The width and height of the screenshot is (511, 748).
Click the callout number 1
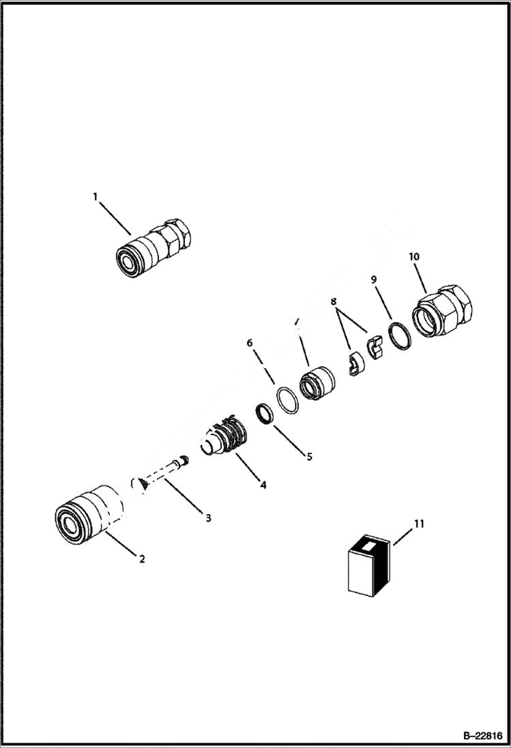96,196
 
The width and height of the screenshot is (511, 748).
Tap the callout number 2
142,559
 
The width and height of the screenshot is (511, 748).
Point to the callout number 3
209,518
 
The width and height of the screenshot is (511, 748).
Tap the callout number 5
309,456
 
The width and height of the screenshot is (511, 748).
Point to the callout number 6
249,344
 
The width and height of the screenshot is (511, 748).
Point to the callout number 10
414,256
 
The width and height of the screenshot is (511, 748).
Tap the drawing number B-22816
482,736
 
